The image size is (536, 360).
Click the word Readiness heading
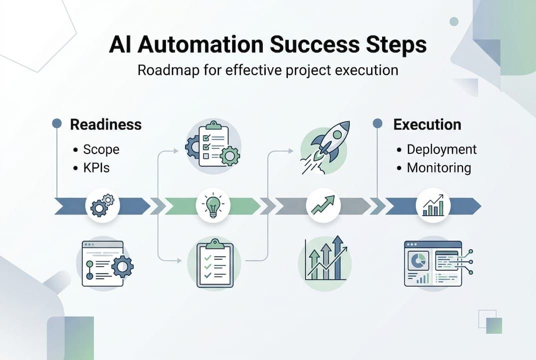coord(105,124)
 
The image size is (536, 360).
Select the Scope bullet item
coord(101,149)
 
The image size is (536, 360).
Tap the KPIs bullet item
coord(96,167)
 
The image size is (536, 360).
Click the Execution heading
coord(427,124)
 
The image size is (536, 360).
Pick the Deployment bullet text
coord(442,149)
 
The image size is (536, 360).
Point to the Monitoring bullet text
coord(439,167)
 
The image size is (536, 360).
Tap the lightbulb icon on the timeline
coord(213,205)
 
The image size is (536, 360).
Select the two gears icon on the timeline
coord(102,205)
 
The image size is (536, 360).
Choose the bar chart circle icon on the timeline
coord(433,205)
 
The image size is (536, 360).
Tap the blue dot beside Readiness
coord(57,123)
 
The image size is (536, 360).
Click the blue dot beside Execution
coord(378,123)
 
